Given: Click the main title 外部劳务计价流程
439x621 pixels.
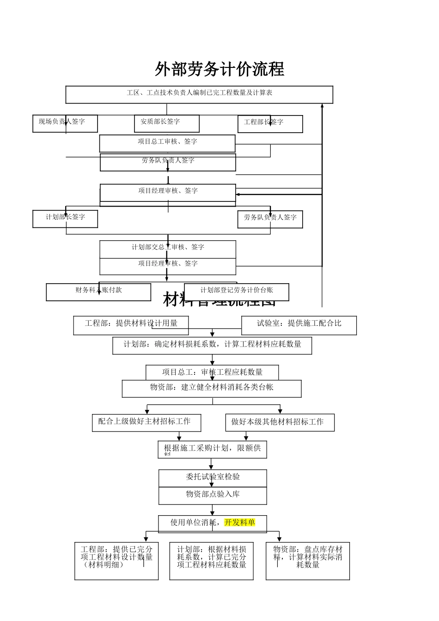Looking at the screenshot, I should point(219,70).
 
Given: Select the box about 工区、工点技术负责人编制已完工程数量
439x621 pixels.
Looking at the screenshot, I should point(199,94).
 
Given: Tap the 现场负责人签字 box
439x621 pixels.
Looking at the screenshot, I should point(65,123).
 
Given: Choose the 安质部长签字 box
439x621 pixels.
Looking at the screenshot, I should point(166,123).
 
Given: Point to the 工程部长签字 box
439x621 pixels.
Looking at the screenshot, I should point(270,124).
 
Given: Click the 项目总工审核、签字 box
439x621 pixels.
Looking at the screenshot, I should point(167,143).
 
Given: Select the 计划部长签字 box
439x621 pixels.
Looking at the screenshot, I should point(65,219).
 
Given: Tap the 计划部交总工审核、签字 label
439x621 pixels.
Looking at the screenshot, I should point(168,248).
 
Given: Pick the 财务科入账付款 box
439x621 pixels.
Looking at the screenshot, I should point(98,292).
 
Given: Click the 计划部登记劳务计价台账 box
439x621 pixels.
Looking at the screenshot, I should point(237,291).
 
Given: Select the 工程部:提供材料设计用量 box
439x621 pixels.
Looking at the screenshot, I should point(131,325).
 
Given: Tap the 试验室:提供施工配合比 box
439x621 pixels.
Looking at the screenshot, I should point(299,325).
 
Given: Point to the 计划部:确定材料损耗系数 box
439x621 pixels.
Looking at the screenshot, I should point(212,345).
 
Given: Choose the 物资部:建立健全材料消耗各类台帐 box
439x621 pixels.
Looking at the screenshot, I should point(212,388).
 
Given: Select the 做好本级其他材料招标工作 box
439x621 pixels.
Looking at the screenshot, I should point(280,422).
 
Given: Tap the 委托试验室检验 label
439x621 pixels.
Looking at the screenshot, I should point(213,477).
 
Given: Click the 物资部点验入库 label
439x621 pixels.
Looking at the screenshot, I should point(213,495).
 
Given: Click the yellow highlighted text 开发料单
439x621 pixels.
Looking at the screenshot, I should point(239,523).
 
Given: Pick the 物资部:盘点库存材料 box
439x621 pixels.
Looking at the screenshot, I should point(308,560).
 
